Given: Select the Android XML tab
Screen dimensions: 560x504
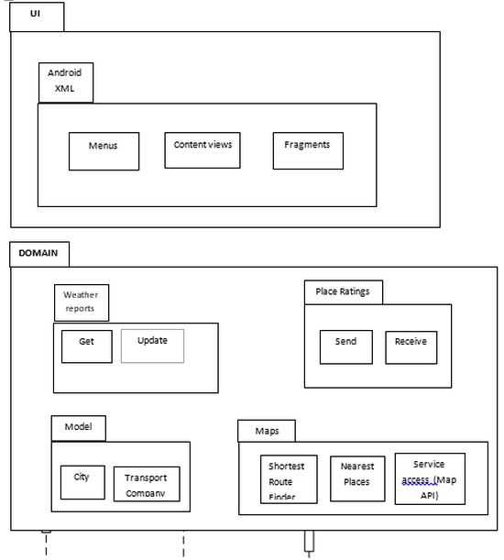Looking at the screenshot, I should [66, 82].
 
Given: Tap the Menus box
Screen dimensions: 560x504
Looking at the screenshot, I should [104, 151].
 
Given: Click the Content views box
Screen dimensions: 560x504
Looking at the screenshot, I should [203, 150].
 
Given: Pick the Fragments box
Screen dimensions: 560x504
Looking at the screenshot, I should [307, 150].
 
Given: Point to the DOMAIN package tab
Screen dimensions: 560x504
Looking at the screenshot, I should [38, 254].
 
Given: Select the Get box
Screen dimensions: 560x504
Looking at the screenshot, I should [87, 346].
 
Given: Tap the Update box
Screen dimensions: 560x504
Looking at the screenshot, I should [152, 346].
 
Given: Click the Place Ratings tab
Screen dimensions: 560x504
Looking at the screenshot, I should [343, 292].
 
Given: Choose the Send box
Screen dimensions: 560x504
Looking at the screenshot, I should [346, 346].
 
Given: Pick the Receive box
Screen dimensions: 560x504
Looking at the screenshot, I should [411, 346].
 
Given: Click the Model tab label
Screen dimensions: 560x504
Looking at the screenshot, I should [78, 427].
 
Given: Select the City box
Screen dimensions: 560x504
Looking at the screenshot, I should [82, 481].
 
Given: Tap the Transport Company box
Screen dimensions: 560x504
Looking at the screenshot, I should [147, 484].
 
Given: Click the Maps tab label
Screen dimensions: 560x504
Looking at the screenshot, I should [268, 431].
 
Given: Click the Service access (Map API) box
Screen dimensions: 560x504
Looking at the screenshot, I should [429, 478].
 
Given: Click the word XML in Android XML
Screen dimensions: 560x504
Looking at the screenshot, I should [64, 89].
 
